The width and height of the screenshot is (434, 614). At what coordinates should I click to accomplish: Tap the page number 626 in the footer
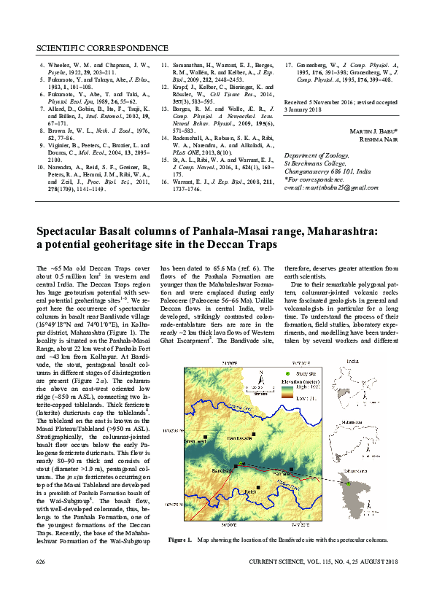click(42, 561)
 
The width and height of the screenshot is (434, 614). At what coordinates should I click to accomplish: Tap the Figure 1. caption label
click(179, 540)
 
